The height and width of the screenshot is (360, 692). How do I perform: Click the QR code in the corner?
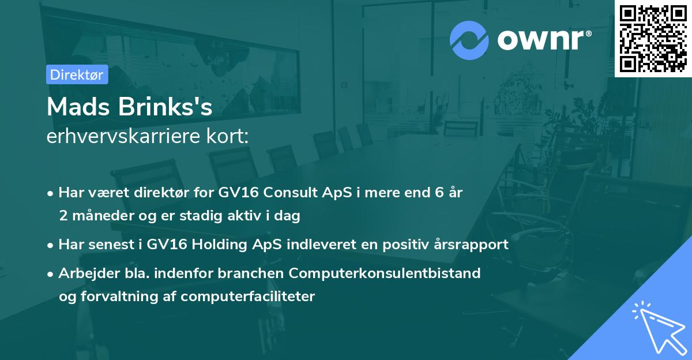pyautogui.click(x=653, y=38)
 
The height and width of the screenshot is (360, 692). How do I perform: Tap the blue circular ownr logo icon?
pyautogui.click(x=469, y=40)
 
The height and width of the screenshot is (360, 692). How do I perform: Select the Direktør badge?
pyautogui.click(x=77, y=74)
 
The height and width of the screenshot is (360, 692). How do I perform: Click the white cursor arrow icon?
pyautogui.click(x=657, y=327)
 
